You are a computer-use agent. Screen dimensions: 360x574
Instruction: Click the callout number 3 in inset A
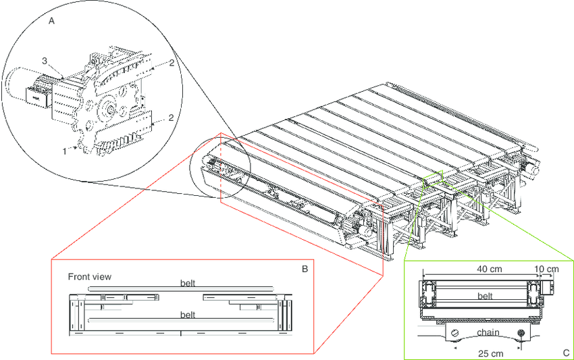pyautogui.click(x=45, y=61)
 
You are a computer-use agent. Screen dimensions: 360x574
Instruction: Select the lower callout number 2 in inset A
pyautogui.click(x=172, y=118)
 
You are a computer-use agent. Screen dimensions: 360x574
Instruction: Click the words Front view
pyautogui.click(x=90, y=276)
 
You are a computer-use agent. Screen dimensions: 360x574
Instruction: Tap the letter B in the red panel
pyautogui.click(x=305, y=269)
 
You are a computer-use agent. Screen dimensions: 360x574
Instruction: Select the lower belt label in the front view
pyautogui.click(x=189, y=315)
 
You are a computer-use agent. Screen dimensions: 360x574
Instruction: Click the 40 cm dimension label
pyautogui.click(x=487, y=269)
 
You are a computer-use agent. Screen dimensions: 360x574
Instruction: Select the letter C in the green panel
pyautogui.click(x=565, y=353)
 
